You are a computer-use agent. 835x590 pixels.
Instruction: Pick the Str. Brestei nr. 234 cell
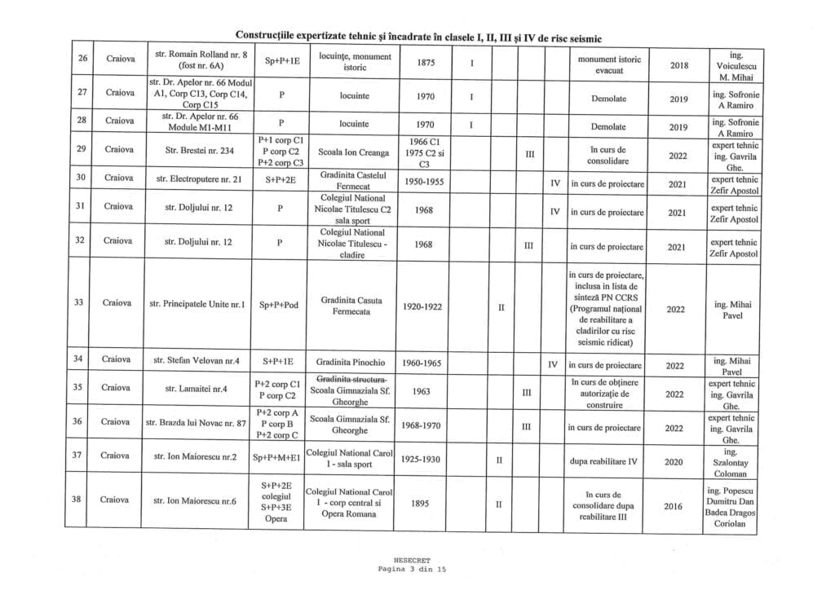click(199, 151)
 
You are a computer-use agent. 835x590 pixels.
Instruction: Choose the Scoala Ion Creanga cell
click(353, 151)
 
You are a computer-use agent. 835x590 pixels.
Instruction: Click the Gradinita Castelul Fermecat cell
click(352, 180)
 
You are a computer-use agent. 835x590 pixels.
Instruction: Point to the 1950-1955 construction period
click(429, 181)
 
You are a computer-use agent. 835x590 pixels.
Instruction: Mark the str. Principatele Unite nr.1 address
click(199, 305)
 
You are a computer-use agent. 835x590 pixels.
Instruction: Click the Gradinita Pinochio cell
click(352, 360)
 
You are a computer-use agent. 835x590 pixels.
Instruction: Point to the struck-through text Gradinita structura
click(352, 380)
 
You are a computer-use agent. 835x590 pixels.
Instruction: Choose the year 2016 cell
click(673, 506)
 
